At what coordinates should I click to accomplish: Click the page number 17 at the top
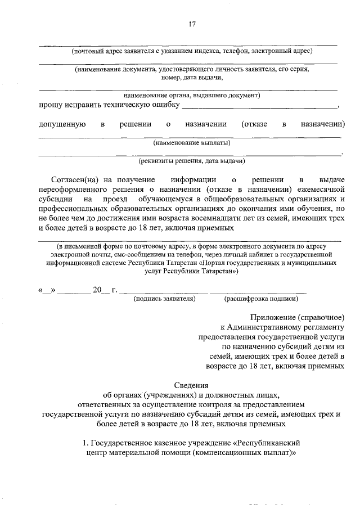pyautogui.click(x=192, y=24)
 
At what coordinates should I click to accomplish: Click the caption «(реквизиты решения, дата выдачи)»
pyautogui.click(x=192, y=161)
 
